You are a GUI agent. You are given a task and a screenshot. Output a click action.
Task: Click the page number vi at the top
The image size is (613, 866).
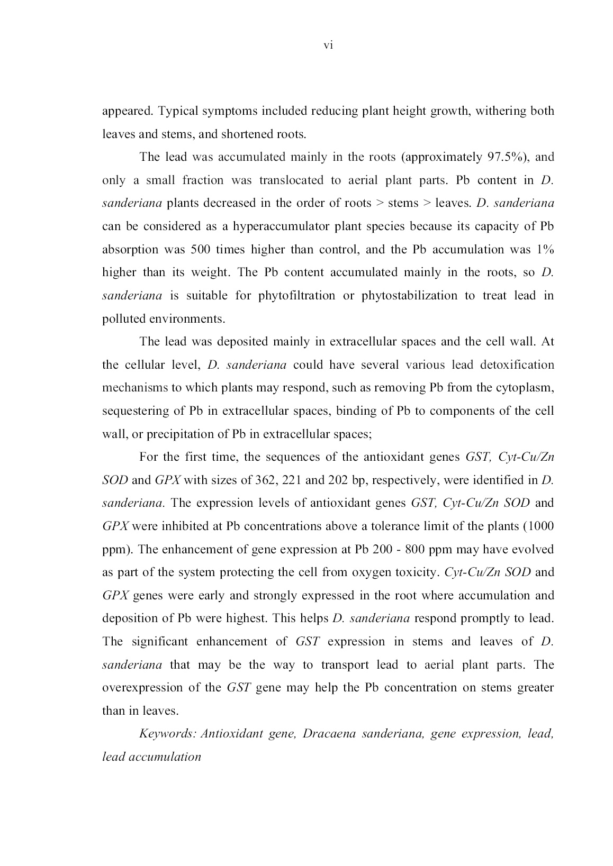pos(328,46)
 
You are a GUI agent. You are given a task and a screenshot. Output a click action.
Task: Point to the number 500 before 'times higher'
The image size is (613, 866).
pos(201,249)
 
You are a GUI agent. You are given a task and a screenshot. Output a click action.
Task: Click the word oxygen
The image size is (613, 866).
pos(375,572)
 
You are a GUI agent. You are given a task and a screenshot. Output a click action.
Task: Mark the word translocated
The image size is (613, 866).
pos(291,180)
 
